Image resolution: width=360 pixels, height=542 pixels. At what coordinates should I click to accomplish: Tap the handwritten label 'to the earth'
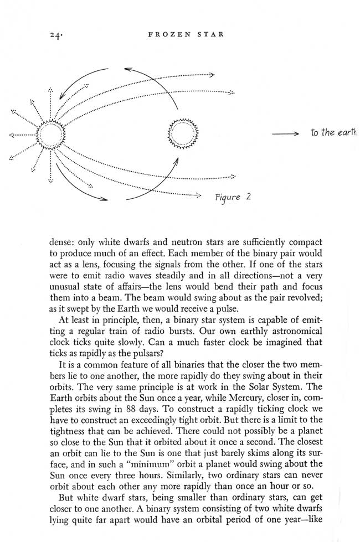point(334,133)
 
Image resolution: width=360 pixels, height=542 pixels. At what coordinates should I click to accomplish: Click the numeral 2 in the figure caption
point(249,196)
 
